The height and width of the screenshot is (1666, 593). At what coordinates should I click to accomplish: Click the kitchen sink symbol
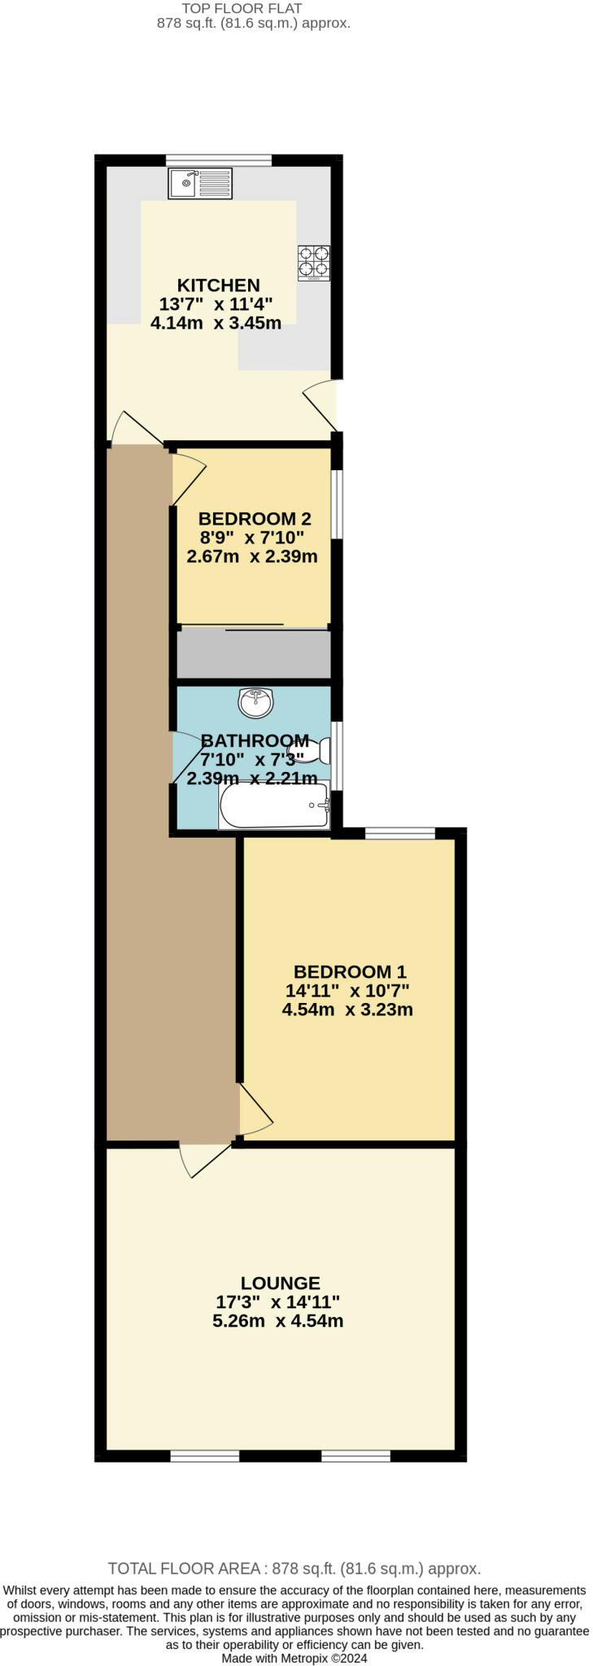(200, 183)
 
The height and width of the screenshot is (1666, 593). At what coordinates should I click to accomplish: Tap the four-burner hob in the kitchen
(313, 263)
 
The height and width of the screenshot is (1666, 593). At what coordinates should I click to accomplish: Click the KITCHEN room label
(219, 286)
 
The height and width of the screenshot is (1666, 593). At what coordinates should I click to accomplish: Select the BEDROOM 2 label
(255, 518)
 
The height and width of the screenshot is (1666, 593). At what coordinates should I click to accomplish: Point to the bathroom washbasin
(255, 702)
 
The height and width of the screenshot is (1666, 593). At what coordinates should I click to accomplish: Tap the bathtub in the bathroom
(274, 805)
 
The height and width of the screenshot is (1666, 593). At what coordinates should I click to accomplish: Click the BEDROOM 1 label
(350, 971)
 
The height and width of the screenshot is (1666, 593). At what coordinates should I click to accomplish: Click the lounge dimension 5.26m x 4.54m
(277, 1321)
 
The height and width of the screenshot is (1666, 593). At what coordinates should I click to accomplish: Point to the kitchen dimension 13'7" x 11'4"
(216, 304)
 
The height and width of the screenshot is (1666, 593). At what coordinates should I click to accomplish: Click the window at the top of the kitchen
(218, 159)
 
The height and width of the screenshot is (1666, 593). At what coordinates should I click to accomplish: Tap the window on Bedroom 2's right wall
(337, 504)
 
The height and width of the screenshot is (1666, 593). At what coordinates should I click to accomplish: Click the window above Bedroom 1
(399, 832)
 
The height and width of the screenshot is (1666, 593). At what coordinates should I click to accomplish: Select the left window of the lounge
(205, 1455)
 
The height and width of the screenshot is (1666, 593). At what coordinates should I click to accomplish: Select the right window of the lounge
(355, 1455)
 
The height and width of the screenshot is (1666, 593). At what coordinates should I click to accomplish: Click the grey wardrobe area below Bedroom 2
(254, 654)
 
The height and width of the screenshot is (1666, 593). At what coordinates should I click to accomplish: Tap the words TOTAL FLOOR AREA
(184, 1568)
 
